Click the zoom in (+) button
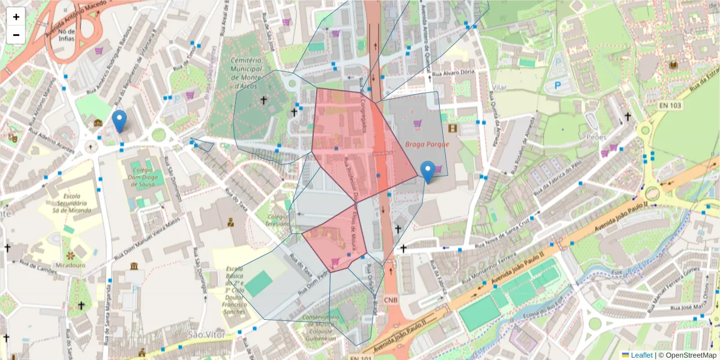[x=16, y=17]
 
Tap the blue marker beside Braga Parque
[x=428, y=172]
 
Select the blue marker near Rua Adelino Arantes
[x=119, y=121]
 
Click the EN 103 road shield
[x=670, y=106]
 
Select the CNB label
[x=390, y=299]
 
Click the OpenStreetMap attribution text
[x=688, y=355]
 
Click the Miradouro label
[x=71, y=265]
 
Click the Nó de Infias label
[x=67, y=35]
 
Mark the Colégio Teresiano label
[x=278, y=220]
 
